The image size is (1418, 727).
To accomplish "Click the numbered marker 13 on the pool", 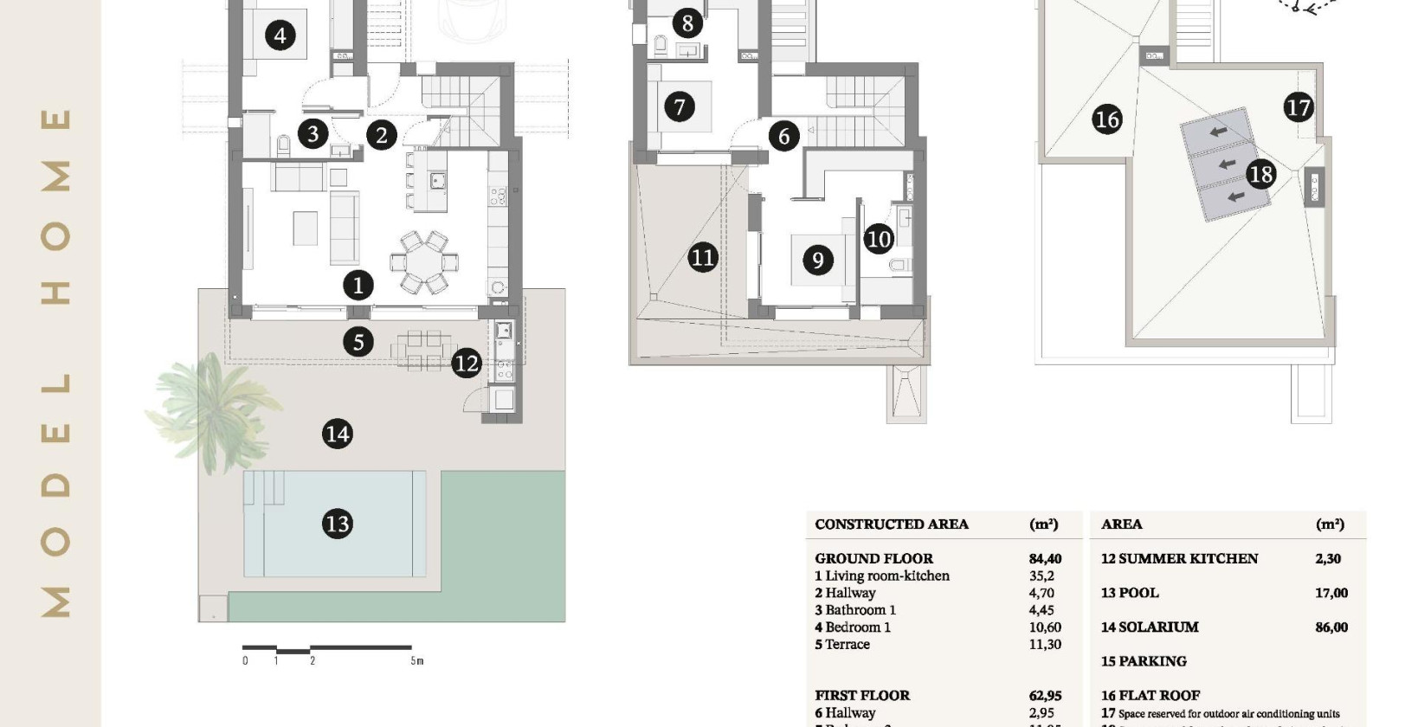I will coord(337,524).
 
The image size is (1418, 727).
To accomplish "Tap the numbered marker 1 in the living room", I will coord(358,285).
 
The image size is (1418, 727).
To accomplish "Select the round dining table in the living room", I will coord(423,261).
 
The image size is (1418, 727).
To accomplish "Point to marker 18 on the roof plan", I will coord(1260,175).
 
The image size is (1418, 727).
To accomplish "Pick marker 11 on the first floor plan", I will coord(703,257).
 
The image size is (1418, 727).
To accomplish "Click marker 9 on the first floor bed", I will coord(817,260).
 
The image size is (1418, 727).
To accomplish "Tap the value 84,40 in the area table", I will coord(1045,559).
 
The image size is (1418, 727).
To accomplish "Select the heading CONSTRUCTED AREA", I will coord(892,524).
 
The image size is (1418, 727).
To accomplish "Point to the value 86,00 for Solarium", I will coord(1331,627).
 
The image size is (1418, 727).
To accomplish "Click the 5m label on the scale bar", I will coord(417,661).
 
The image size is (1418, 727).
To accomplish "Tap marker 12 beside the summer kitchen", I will coord(466,363).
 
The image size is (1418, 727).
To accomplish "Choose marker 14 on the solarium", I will coord(337,434).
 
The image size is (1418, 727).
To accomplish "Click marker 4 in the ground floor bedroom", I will coord(280,35).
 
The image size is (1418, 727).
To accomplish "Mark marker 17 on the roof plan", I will coord(1298,107).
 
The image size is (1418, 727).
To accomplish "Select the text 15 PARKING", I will coord(1144,661).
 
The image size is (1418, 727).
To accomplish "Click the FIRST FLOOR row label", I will coord(862,696).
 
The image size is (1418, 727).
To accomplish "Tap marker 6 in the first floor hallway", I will coord(783,136).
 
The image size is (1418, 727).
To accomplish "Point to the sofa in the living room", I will coord(345,228).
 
